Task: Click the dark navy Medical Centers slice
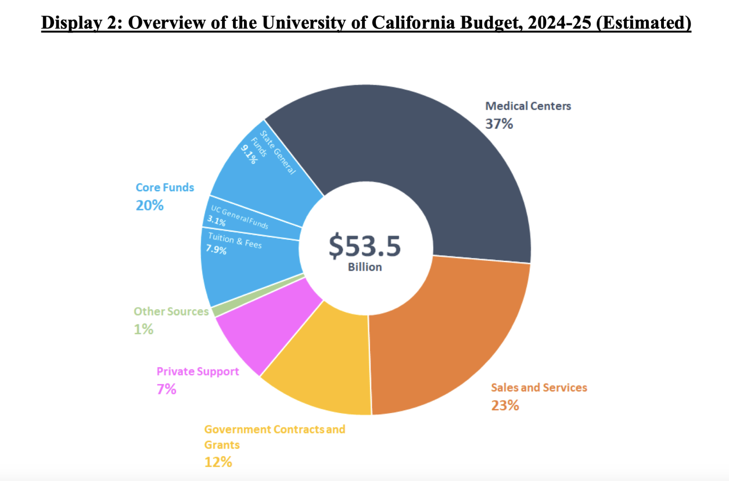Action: click(427, 157)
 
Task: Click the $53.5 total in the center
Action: click(364, 246)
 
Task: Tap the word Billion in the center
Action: click(364, 267)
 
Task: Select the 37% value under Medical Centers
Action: click(499, 124)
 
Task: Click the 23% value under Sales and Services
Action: click(505, 406)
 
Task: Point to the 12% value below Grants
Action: click(218, 462)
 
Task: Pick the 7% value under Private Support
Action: click(166, 389)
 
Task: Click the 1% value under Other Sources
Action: click(143, 329)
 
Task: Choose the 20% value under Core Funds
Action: click(150, 205)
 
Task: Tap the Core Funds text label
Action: click(165, 188)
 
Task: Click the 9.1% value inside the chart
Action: click(249, 155)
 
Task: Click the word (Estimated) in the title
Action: click(643, 22)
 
